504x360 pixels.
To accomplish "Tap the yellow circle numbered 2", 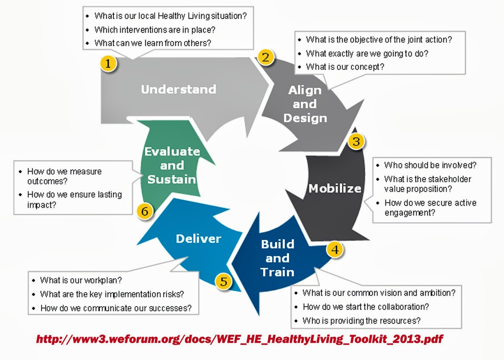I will (x=266, y=56).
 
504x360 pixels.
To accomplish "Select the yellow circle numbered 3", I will (x=356, y=141).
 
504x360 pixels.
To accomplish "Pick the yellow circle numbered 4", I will (x=335, y=249).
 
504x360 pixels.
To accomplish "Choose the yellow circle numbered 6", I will (x=145, y=211).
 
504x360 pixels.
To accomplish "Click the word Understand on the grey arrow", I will (x=178, y=89).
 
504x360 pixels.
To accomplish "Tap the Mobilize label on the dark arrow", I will (x=335, y=188).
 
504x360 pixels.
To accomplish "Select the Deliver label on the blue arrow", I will (x=198, y=238).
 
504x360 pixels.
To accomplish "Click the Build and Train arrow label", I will (x=277, y=258).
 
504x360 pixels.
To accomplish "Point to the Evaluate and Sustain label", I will (x=172, y=165).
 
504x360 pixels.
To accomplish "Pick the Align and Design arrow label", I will (x=305, y=104).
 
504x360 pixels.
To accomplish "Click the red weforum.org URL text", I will (x=240, y=339).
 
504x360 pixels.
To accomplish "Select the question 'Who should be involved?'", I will (x=430, y=165).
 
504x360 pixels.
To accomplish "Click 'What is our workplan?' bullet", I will (x=80, y=280).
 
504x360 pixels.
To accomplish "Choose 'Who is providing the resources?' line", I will (x=361, y=321).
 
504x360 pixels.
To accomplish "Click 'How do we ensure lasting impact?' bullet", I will (x=74, y=199).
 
